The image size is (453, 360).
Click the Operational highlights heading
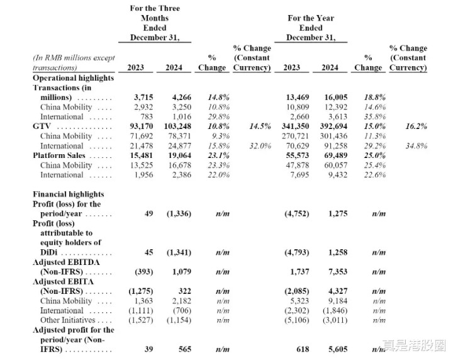74,78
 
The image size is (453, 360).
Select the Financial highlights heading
69,194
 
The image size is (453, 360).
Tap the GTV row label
42,127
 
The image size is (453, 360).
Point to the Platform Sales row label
59,155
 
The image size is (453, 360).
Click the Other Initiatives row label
67,320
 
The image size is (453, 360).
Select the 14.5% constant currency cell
260,127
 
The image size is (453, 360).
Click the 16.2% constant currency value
417,127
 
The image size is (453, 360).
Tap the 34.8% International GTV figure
417,146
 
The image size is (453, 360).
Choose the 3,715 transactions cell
143,98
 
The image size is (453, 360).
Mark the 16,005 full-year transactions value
336,98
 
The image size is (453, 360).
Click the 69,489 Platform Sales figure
336,155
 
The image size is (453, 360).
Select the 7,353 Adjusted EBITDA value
338,272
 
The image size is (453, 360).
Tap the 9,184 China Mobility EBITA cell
338,301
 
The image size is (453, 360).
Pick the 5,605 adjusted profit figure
338,349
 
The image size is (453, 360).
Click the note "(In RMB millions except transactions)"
74,63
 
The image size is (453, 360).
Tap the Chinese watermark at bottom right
414,346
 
